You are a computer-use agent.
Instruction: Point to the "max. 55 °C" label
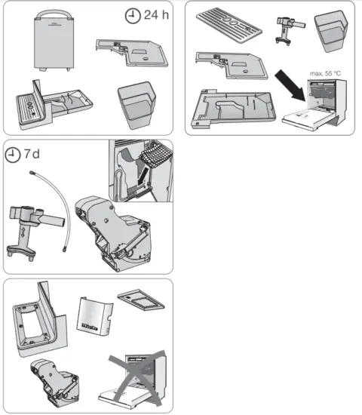(x=325, y=74)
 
